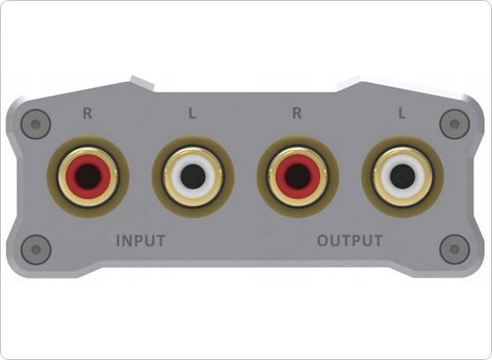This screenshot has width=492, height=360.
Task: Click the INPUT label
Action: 141,240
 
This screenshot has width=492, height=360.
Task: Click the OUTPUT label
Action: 350,240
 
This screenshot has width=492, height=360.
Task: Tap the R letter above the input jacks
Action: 86,113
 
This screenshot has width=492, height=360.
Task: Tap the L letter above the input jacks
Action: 193,113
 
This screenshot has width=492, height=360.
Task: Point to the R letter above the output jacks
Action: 296,113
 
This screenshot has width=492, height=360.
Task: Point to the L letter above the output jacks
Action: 401,113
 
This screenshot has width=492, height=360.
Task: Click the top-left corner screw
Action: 34,123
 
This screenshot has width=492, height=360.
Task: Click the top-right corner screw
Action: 455,123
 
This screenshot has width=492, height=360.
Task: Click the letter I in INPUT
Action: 120,240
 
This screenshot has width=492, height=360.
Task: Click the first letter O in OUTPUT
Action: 323,240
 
